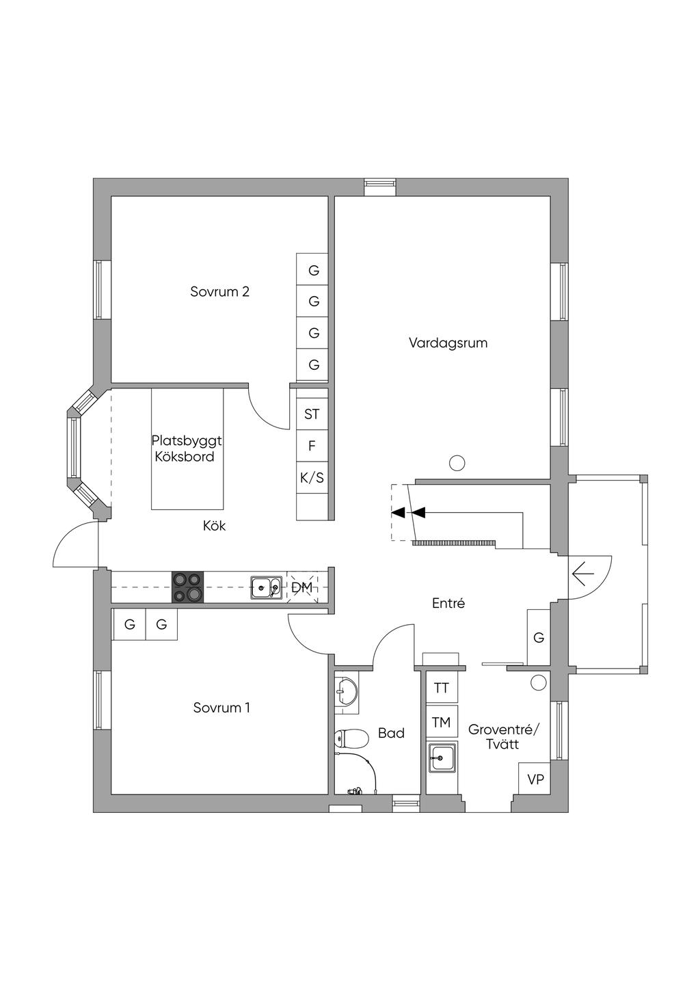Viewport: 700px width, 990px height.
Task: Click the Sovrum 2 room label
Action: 219,292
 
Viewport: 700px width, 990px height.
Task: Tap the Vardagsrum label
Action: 448,343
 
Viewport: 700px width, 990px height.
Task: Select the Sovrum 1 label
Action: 221,708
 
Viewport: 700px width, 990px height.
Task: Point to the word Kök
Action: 215,526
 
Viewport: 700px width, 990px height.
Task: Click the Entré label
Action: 448,603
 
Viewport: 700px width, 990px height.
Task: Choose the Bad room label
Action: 391,733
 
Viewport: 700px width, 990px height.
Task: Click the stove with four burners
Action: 188,587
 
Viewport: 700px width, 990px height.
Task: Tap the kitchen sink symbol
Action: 267,587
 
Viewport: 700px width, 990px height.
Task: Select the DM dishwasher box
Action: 302,587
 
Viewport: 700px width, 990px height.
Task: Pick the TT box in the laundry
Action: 442,688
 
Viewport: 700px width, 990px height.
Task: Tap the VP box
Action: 535,778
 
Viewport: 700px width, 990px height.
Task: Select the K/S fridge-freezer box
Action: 312,478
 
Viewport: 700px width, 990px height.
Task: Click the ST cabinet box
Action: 312,414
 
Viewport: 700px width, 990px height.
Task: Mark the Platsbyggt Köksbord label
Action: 187,449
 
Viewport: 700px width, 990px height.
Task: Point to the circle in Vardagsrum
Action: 457,463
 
